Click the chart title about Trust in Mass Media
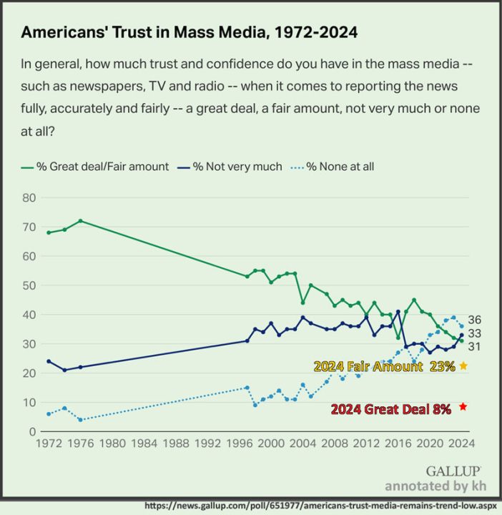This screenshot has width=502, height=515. [x=190, y=33]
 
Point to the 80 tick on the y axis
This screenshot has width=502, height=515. [x=29, y=197]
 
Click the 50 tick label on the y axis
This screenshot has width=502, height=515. [x=29, y=285]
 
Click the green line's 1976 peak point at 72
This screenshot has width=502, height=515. [x=80, y=220]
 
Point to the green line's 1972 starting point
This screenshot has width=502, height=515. [x=49, y=232]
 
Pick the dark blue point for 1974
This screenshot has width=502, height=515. [x=64, y=370]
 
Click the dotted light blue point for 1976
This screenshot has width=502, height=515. [x=80, y=420]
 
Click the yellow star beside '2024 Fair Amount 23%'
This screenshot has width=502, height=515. [x=463, y=366]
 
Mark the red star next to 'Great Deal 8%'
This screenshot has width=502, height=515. [x=463, y=407]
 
